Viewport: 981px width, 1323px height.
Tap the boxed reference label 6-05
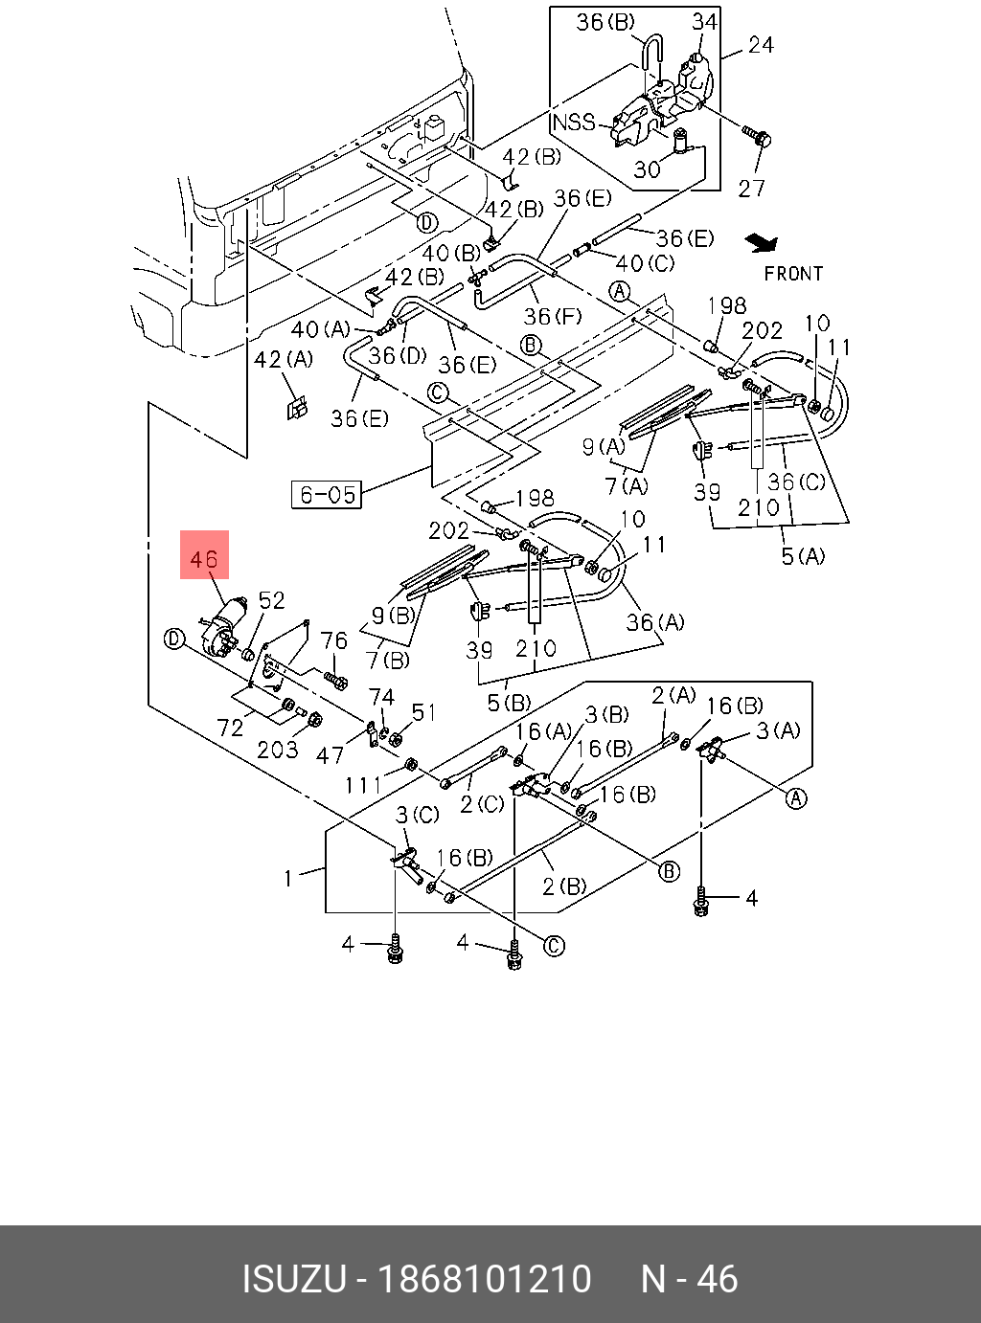327,494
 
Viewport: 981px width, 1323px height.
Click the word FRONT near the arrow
793,274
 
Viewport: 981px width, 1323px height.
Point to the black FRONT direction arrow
764,243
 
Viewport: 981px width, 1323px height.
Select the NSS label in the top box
573,122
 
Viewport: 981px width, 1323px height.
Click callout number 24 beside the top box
761,45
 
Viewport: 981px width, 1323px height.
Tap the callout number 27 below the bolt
752,188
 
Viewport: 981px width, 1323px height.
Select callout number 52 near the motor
272,600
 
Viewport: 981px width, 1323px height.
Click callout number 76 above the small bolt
333,640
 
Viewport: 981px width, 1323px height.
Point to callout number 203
278,750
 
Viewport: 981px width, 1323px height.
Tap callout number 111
364,785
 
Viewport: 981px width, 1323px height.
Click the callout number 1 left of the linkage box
288,877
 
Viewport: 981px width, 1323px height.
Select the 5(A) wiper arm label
803,555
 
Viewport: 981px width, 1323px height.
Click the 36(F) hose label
553,315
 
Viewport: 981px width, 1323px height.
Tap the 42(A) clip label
284,359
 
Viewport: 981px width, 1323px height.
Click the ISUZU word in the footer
293,1279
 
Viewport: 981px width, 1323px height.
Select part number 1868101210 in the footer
485,1279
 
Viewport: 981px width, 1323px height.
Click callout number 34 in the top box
704,21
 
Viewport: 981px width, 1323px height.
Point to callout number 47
330,755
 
